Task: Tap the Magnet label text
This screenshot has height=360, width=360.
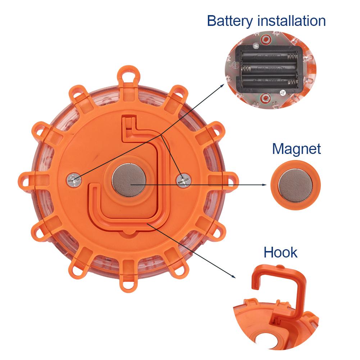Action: click(x=296, y=149)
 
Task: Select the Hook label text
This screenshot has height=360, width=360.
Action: click(x=280, y=252)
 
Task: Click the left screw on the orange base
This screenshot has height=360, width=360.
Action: click(x=74, y=180)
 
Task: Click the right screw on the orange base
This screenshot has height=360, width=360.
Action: click(x=183, y=180)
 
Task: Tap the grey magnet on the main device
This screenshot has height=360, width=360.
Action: click(x=129, y=180)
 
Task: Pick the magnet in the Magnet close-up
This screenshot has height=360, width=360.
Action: click(x=296, y=185)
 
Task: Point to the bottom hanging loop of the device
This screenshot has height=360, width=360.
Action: click(x=128, y=284)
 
